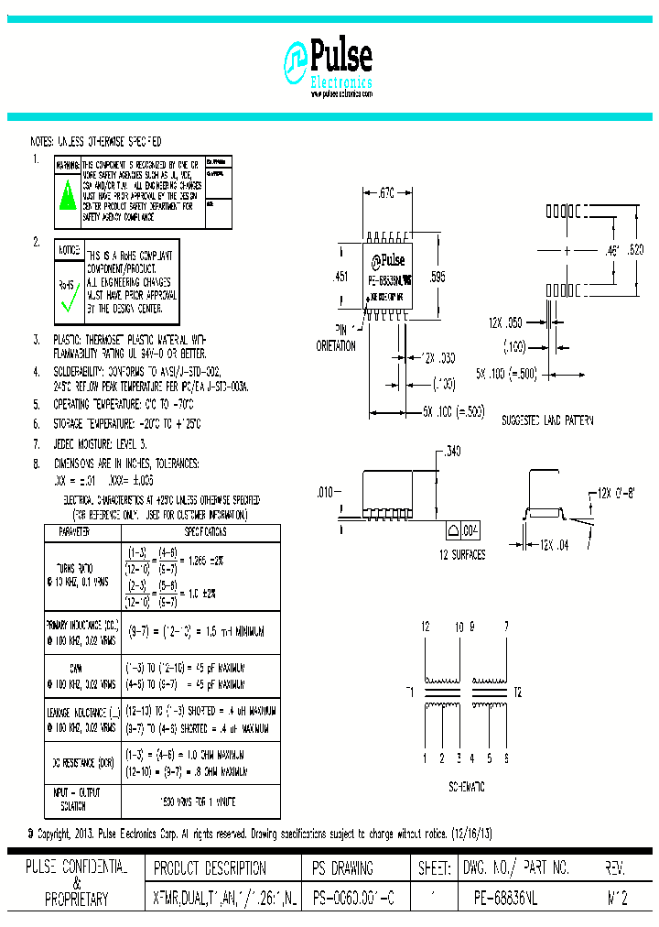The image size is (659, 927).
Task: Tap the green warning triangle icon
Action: pyautogui.click(x=66, y=195)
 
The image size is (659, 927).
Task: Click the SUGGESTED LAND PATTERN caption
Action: pyautogui.click(x=547, y=420)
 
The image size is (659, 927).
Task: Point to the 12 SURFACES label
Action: pyautogui.click(x=462, y=555)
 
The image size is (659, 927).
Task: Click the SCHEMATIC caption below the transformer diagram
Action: pyautogui.click(x=466, y=787)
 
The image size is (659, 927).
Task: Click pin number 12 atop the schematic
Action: pyautogui.click(x=425, y=627)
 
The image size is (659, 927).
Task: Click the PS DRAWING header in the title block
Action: pyautogui.click(x=342, y=867)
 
